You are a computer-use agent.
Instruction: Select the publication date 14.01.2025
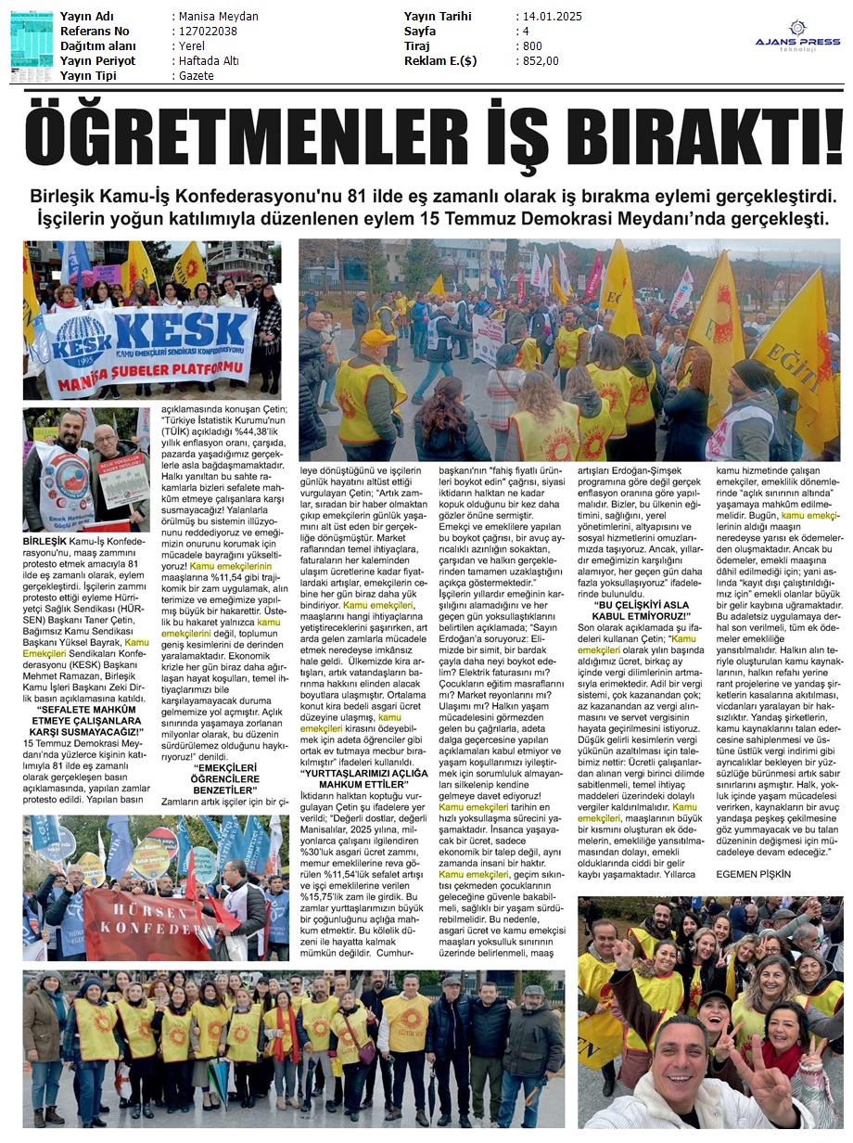pyautogui.click(x=553, y=17)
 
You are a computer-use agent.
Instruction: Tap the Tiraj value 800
pyautogui.click(x=531, y=46)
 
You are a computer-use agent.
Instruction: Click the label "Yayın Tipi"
pyautogui.click(x=90, y=76)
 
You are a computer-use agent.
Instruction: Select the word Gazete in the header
pyautogui.click(x=194, y=76)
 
